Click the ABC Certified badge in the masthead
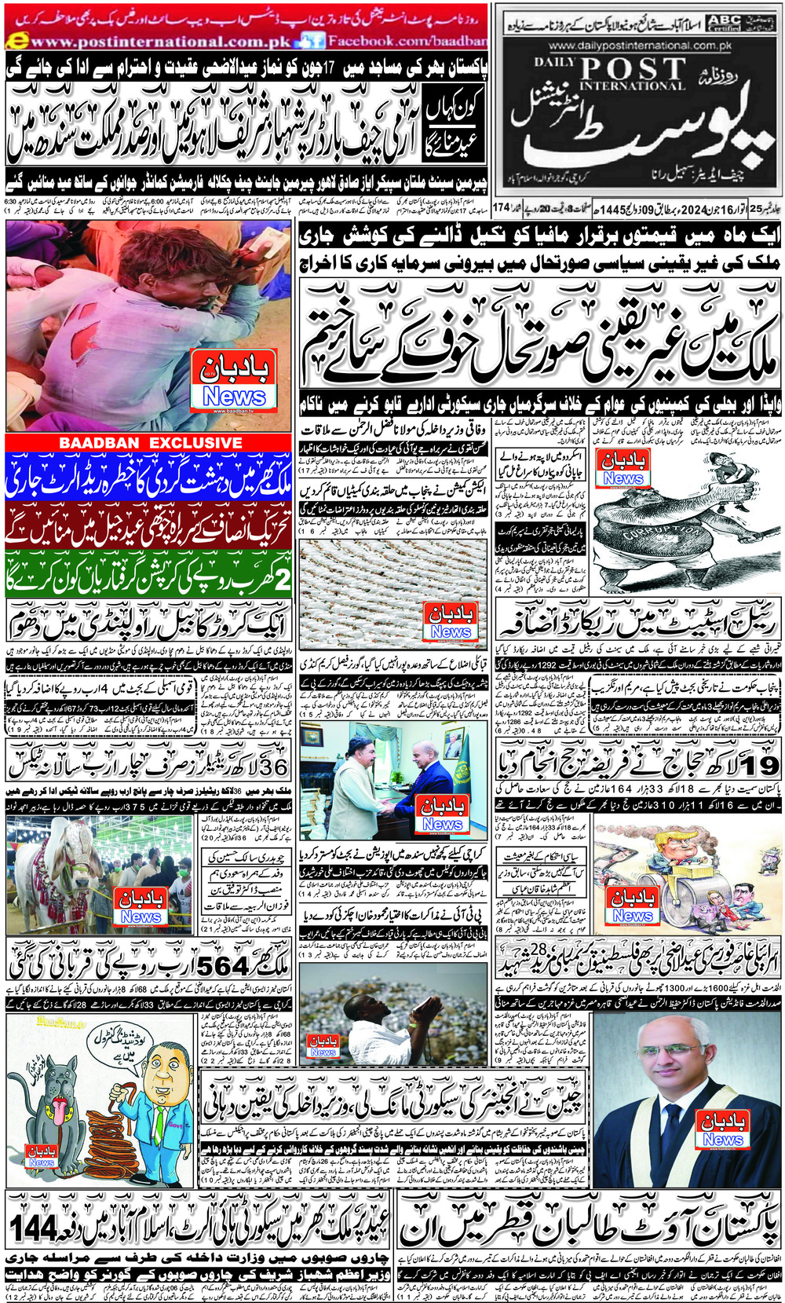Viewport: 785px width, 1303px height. (x=722, y=22)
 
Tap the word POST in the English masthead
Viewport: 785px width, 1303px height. (x=633, y=70)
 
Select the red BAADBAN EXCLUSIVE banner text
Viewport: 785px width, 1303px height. (x=151, y=443)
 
